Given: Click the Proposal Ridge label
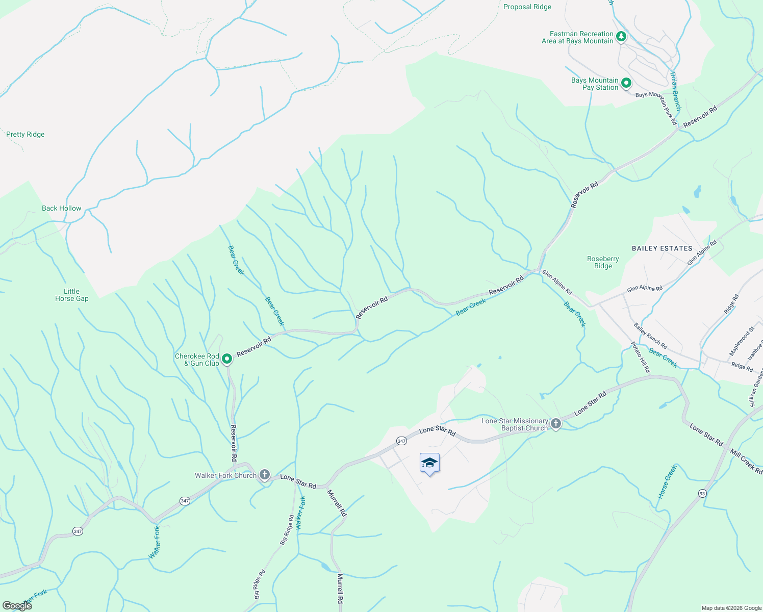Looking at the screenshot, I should pyautogui.click(x=527, y=7).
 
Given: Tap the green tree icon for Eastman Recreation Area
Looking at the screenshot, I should pyautogui.click(x=621, y=36).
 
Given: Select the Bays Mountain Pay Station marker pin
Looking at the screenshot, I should pyautogui.click(x=626, y=83).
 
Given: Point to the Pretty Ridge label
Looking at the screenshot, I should pyautogui.click(x=26, y=135).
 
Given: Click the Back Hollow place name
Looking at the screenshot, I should pyautogui.click(x=61, y=209).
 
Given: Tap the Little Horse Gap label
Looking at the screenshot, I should pyautogui.click(x=71, y=295).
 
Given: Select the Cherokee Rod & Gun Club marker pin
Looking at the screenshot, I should pyautogui.click(x=227, y=359).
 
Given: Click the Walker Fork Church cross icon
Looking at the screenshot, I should pyautogui.click(x=264, y=475).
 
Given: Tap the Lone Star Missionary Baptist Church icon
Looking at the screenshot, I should pyautogui.click(x=556, y=423).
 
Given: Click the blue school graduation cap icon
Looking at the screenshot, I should pyautogui.click(x=429, y=463).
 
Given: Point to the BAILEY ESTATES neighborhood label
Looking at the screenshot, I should pyautogui.click(x=662, y=248).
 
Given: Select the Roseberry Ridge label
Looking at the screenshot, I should pyautogui.click(x=603, y=262).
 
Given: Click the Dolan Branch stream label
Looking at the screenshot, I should pyautogui.click(x=675, y=91).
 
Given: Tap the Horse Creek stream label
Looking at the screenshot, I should pyautogui.click(x=667, y=482).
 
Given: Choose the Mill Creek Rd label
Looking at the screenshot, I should pyautogui.click(x=746, y=462).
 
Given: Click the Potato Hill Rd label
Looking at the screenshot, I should pyautogui.click(x=641, y=356).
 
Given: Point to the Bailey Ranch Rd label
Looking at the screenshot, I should pyautogui.click(x=650, y=336).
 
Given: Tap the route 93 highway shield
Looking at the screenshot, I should pyautogui.click(x=702, y=493).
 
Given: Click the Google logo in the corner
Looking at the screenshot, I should pyautogui.click(x=17, y=606).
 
